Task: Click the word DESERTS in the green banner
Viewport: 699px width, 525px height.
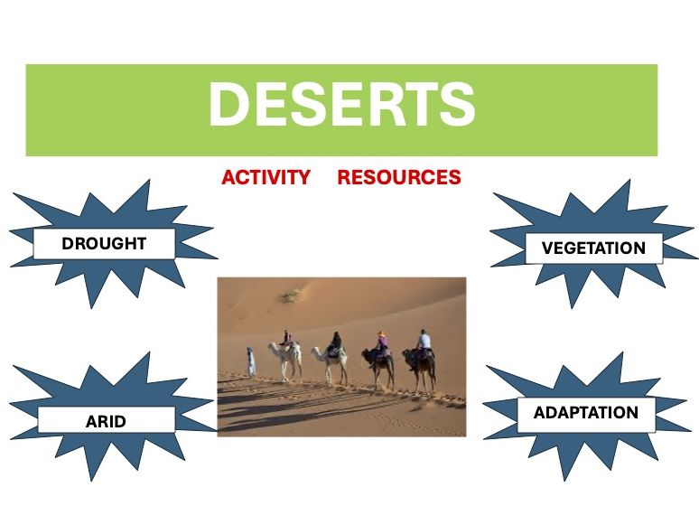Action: pos(341,106)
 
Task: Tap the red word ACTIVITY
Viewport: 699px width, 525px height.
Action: pos(266,177)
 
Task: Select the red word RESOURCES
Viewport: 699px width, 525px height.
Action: pos(399,177)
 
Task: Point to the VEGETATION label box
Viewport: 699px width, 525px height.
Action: pos(593,248)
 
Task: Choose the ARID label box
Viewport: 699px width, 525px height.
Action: pos(106,420)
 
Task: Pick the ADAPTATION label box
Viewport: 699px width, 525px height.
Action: pos(585,413)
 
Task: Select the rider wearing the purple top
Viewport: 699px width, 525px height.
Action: pos(380,344)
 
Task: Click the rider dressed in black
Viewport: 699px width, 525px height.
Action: pos(335,343)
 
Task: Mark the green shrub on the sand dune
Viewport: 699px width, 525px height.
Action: pos(290,295)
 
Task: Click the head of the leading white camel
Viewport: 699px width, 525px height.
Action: pos(271,345)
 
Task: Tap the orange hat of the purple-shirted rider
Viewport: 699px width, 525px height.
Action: pos(382,334)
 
